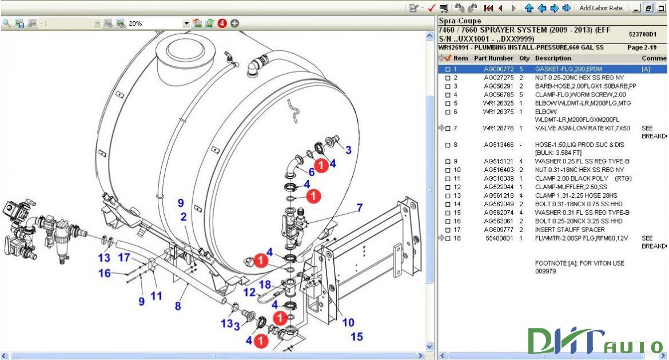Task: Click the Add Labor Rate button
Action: point(601,8)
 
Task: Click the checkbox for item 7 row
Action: point(448,129)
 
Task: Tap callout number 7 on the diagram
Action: point(360,207)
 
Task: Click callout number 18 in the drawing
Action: point(265,285)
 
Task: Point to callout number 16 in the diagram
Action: point(104,273)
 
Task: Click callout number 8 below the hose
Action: point(178,306)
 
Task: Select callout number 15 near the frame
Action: point(357,337)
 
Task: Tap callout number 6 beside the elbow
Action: point(312,172)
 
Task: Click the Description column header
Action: point(552,58)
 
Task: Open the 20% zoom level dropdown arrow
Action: point(186,23)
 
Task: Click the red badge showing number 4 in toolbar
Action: point(222,23)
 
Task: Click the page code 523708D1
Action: point(642,34)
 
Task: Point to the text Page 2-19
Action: point(642,47)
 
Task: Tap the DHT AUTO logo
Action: point(595,342)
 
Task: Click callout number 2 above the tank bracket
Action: point(184,217)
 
